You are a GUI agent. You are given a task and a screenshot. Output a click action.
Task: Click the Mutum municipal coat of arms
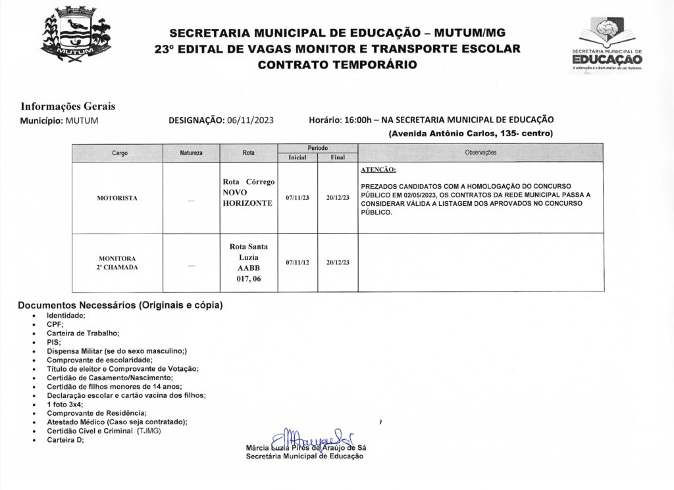coord(75,37)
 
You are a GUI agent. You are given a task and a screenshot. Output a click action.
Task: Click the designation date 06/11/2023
coord(251,120)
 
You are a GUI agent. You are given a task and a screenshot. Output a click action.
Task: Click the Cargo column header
coord(120,153)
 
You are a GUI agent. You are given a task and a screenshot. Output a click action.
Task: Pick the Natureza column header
coord(191,153)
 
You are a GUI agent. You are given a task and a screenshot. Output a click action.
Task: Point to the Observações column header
coord(480,153)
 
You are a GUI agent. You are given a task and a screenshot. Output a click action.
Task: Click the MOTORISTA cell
coord(117,198)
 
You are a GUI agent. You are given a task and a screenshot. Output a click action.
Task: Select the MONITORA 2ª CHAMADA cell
coord(117,263)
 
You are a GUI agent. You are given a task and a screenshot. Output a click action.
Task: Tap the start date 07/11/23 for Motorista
coord(298,198)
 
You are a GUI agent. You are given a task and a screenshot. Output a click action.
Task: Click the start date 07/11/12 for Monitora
coord(298,262)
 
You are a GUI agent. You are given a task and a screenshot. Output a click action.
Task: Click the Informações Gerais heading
coord(68,107)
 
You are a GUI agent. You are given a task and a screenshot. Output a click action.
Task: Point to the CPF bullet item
coord(55,324)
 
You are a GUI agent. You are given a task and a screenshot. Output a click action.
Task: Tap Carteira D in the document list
coord(65,439)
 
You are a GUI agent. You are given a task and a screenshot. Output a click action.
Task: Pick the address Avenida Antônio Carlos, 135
coord(471,134)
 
